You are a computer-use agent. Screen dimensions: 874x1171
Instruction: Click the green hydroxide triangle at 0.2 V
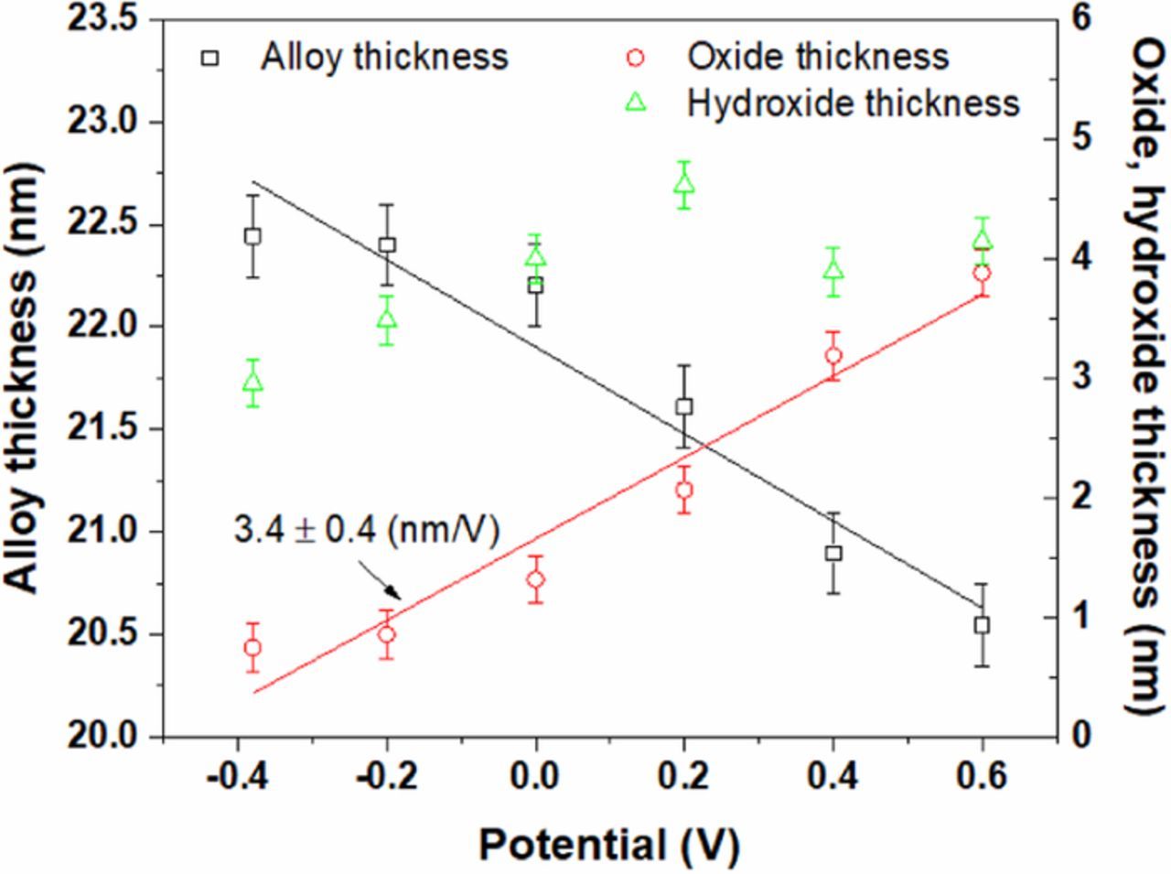[684, 184]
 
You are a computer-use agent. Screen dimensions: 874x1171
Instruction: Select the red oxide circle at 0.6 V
[982, 273]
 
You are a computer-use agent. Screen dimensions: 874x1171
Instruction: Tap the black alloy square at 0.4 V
[833, 553]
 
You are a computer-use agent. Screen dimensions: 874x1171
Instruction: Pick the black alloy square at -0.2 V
[387, 244]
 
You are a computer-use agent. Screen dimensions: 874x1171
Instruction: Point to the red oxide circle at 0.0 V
[536, 579]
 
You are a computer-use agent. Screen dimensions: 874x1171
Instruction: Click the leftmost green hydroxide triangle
[253, 383]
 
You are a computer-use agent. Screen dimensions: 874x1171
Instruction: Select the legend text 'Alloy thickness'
[384, 57]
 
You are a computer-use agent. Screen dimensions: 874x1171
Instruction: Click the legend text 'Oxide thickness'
[818, 57]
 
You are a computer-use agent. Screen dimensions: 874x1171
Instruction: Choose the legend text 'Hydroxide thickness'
[853, 103]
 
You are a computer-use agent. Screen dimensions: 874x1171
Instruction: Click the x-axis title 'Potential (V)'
[608, 844]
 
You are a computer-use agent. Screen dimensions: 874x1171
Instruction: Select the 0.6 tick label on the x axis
[982, 777]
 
